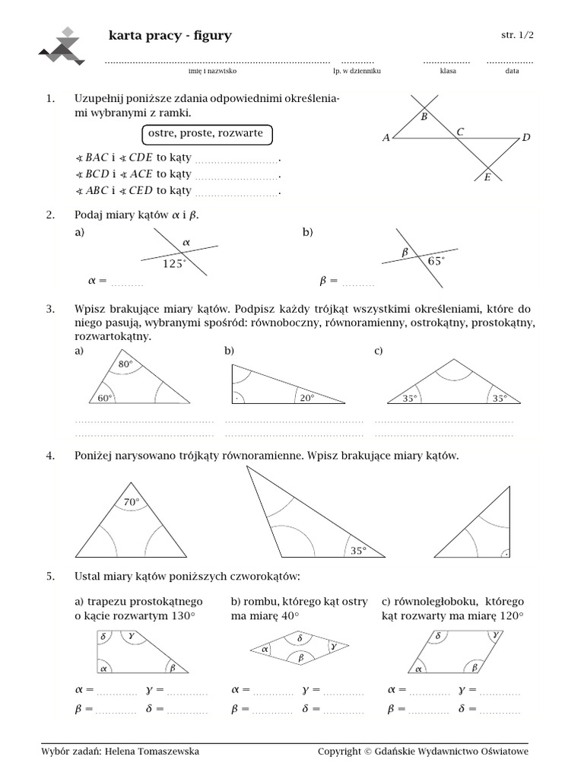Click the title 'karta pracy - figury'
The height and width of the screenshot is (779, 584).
pyautogui.click(x=170, y=36)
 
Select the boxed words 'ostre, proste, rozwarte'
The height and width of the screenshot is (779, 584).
pyautogui.click(x=205, y=134)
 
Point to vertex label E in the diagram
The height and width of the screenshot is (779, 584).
pyautogui.click(x=487, y=178)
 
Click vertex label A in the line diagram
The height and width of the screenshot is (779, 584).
pyautogui.click(x=386, y=138)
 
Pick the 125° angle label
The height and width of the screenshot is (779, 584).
pyautogui.click(x=174, y=264)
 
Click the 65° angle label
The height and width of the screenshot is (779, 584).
pyautogui.click(x=436, y=261)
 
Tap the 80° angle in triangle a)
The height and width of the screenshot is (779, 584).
pyautogui.click(x=125, y=364)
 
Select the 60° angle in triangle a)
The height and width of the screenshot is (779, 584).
pyautogui.click(x=104, y=397)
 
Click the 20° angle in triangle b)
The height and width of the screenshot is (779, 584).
pyautogui.click(x=306, y=397)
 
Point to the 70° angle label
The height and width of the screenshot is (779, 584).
pyautogui.click(x=132, y=501)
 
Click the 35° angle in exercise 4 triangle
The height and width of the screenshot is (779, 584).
pyautogui.click(x=357, y=550)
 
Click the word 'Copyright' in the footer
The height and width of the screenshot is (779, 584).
pyautogui.click(x=339, y=752)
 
